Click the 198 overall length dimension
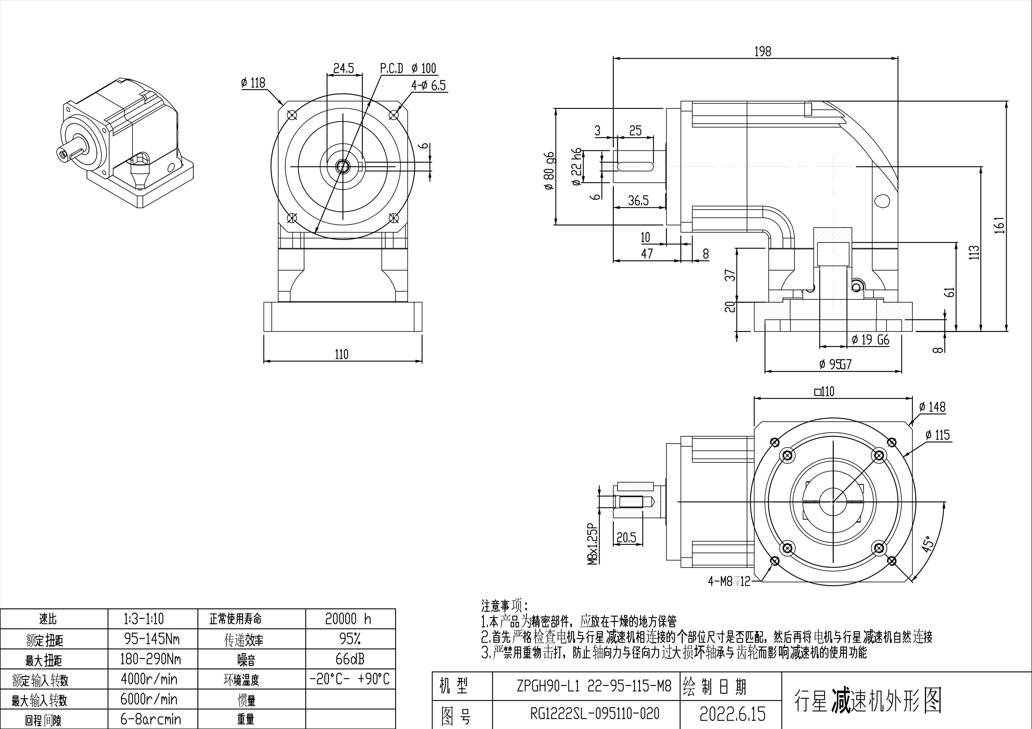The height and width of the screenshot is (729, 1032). point(762,52)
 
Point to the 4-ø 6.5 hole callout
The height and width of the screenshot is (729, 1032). point(428,85)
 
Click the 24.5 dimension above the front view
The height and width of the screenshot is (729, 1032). point(344,68)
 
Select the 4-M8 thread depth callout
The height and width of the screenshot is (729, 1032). point(729,582)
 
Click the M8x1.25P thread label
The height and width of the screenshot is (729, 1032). point(593,543)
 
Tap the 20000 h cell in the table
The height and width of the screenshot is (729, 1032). point(348,619)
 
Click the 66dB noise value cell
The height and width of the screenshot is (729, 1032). point(350,659)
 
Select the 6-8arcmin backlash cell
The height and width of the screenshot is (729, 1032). point(151,719)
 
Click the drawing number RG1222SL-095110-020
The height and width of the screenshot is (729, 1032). point(595,713)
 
